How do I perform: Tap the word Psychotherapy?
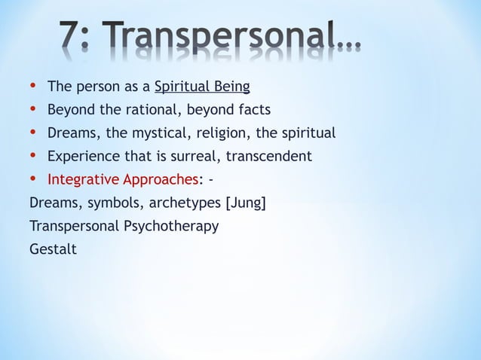coord(170,226)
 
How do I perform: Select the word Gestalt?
coord(52,249)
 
